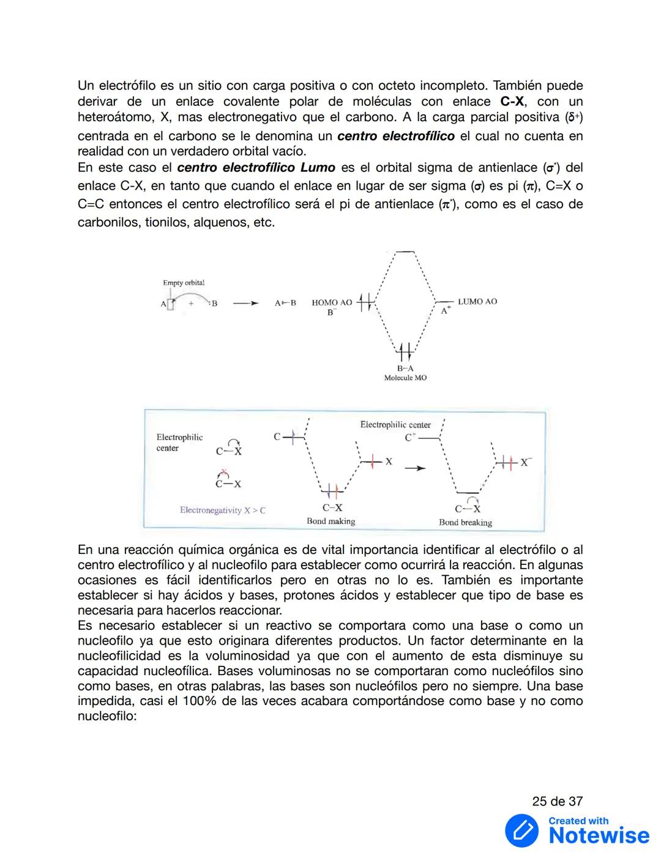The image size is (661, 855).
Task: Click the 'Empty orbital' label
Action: pos(184,283)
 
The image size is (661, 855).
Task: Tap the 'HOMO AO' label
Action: pos(332,302)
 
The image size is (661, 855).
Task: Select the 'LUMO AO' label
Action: pos(477,302)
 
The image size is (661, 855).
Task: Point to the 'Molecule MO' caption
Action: pos(405,378)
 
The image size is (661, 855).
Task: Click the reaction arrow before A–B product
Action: pos(245,303)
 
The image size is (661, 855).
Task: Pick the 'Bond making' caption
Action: pos(330,521)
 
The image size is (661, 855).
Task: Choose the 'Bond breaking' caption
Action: pos(465,523)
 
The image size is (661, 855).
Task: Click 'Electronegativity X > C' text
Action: pos(222,510)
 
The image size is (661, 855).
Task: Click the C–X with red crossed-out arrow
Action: pos(228,480)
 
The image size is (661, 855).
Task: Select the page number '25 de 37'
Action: pos(557,801)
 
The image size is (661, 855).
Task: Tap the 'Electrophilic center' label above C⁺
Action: pos(395,425)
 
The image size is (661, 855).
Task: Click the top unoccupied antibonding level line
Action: pos(405,252)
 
